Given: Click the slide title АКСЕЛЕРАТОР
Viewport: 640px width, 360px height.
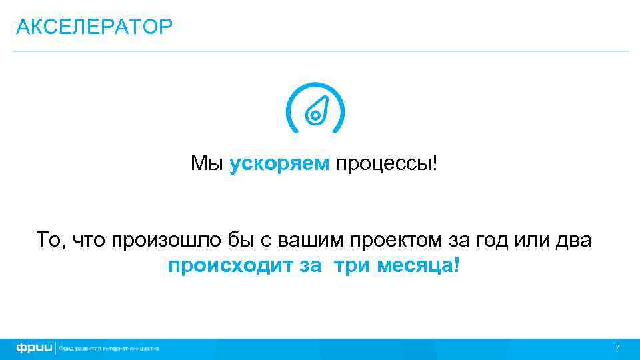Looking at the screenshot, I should click(94, 27).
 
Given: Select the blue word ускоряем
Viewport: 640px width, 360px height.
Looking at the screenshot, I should click(279, 163).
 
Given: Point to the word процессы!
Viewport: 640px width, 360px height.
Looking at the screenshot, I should click(387, 163).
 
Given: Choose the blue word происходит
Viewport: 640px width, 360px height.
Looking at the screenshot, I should click(229, 267).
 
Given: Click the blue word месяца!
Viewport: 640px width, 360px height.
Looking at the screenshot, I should click(419, 267).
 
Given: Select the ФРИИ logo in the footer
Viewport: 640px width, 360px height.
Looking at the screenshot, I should click(35, 347).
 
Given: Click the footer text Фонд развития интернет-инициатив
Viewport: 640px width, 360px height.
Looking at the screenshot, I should click(109, 348).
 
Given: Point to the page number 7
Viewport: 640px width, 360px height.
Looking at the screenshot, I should click(617, 347).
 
